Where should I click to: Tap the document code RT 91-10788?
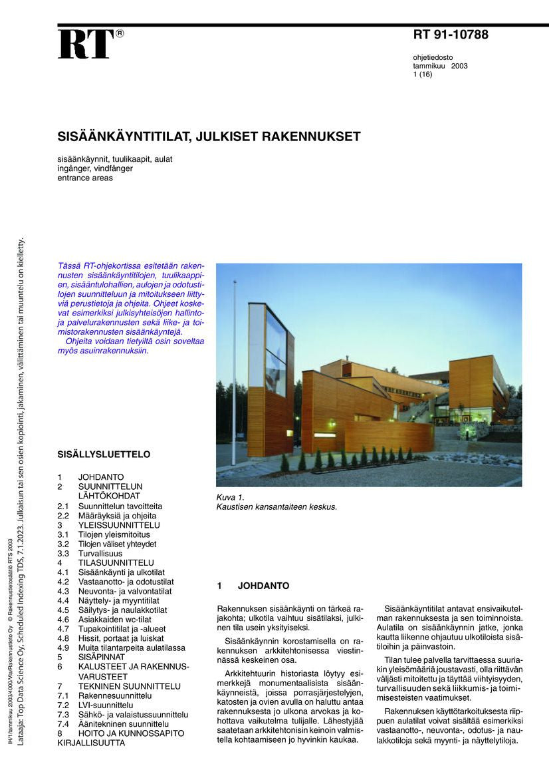click(x=450, y=35)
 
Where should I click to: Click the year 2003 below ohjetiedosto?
click(x=459, y=67)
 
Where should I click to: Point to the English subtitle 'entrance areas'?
click(x=84, y=178)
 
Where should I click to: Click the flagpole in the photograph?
click(x=234, y=373)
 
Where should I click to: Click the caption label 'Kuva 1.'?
click(x=231, y=497)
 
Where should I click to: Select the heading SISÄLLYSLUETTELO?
click(x=104, y=455)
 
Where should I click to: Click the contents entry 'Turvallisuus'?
click(x=100, y=553)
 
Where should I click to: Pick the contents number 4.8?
click(x=63, y=638)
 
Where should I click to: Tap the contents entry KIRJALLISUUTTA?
click(x=91, y=743)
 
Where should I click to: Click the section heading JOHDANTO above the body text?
click(x=263, y=586)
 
